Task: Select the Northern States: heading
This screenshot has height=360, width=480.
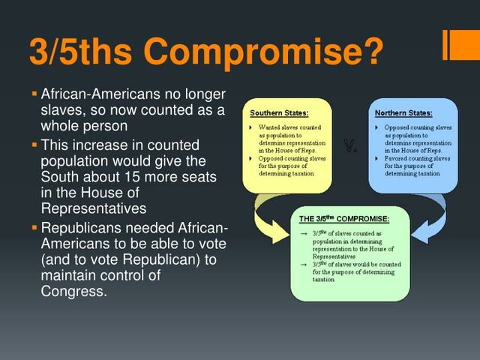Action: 403,113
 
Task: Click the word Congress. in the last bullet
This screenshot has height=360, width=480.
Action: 73,291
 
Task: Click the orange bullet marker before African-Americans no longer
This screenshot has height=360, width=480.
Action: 34,94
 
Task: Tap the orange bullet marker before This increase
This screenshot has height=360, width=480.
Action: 34,144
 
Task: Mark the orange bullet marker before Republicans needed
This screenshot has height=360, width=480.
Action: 34,227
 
